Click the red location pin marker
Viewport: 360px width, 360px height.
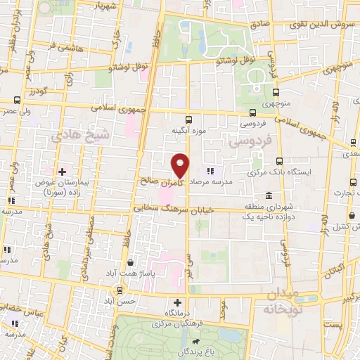[180, 165]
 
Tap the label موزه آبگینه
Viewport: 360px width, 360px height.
[188, 131]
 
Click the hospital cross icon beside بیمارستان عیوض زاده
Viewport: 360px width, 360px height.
[63, 171]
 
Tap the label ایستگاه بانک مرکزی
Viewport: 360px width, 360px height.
[280, 172]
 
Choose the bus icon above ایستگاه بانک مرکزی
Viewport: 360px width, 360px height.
[280, 160]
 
